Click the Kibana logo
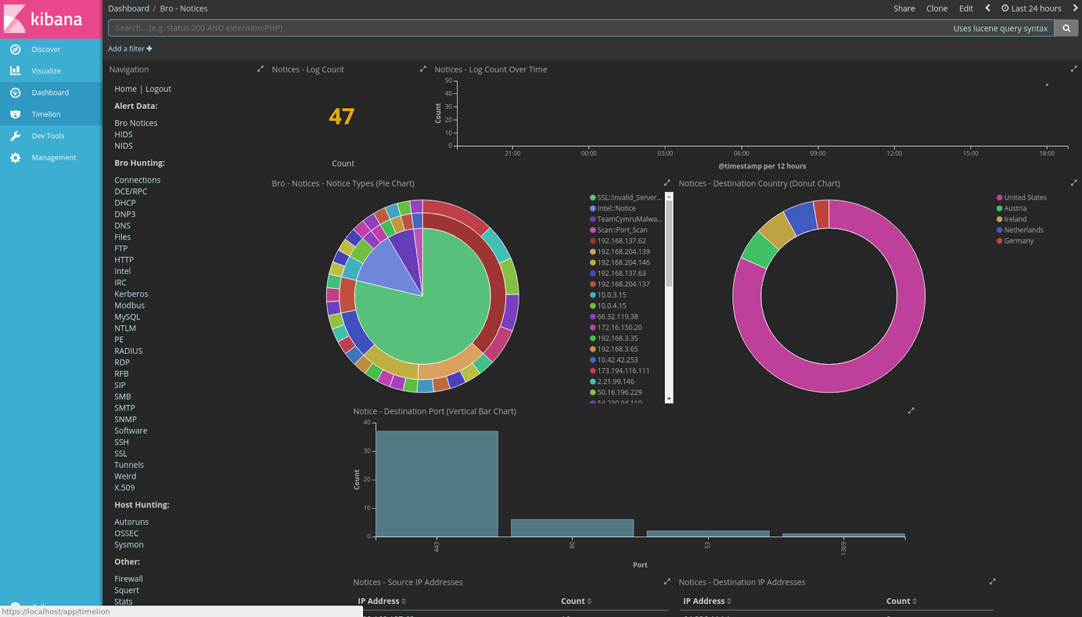(44, 19)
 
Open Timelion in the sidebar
(45, 114)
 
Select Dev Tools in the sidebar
(47, 136)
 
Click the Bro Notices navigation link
(136, 123)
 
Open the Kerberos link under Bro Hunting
(131, 294)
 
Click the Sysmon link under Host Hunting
(128, 545)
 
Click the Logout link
(158, 89)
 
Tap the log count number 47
(342, 117)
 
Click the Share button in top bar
(903, 9)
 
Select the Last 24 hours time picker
(1031, 9)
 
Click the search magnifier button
(1066, 28)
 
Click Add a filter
(130, 49)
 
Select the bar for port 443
(437, 484)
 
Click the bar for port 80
(572, 528)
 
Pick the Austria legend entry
(1014, 208)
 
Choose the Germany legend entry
(1018, 241)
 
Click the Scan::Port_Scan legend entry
(621, 230)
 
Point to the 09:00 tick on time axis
(818, 154)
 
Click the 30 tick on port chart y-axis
(367, 451)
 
